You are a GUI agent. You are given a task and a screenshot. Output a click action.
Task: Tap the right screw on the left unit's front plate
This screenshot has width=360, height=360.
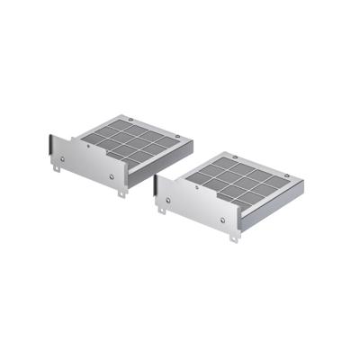110,176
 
